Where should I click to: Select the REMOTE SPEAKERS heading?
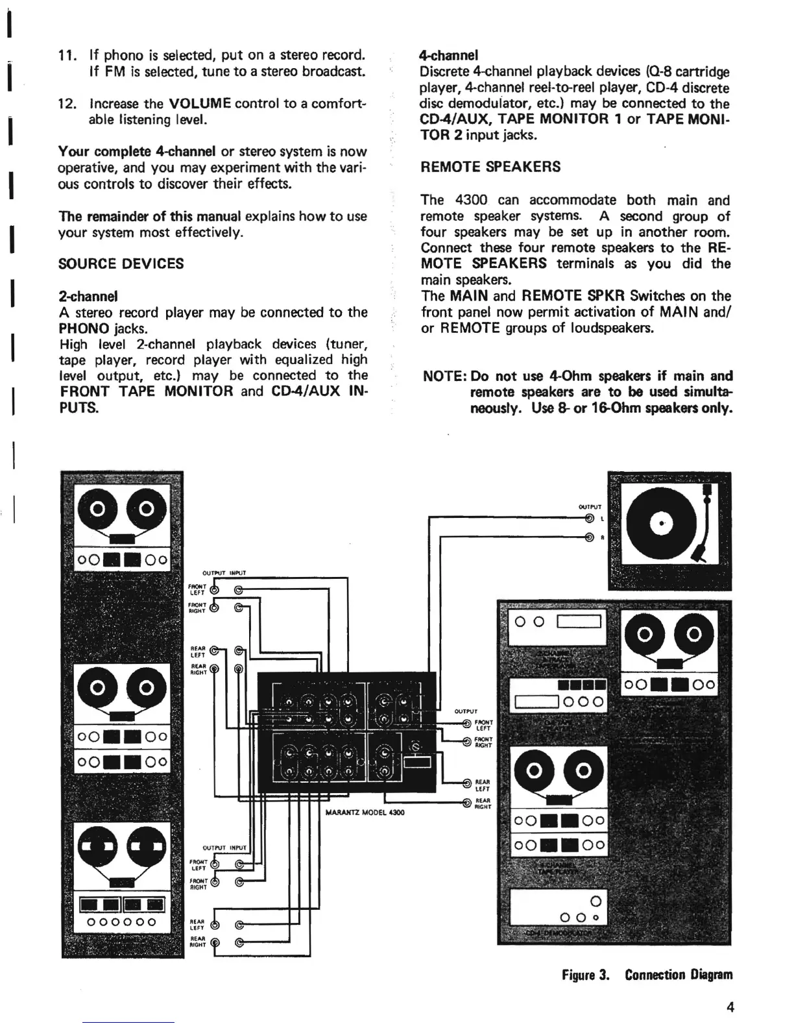(x=490, y=167)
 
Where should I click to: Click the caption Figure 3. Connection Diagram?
(x=647, y=975)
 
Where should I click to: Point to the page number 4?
(x=730, y=1008)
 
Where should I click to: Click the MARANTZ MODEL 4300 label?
(x=365, y=812)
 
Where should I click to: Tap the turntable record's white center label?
(x=662, y=523)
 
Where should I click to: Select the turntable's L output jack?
(x=590, y=518)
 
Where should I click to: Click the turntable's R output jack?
(x=590, y=537)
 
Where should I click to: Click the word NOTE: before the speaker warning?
(x=445, y=376)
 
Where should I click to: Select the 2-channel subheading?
(x=88, y=296)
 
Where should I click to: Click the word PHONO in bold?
(x=83, y=328)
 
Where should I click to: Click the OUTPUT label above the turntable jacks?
(x=590, y=507)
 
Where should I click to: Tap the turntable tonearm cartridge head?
(x=699, y=554)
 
